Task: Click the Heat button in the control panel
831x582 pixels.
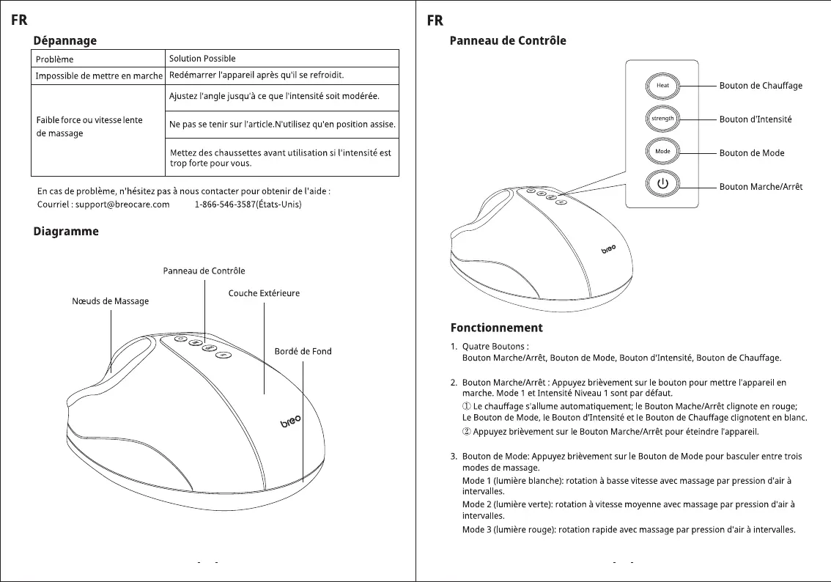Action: pos(662,85)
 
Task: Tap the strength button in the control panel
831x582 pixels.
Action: pos(662,118)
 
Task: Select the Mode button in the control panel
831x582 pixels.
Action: pos(662,152)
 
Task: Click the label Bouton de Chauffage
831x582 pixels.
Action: pos(761,86)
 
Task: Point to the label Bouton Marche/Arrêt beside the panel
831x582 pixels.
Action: pos(761,187)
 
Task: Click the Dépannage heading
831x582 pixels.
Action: pos(65,40)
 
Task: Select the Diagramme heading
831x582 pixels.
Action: pos(66,232)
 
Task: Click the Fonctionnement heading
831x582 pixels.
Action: pos(496,328)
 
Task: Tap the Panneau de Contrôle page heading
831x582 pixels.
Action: pos(507,40)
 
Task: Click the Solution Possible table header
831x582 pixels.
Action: pos(202,59)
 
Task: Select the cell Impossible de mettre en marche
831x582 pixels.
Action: pos(99,76)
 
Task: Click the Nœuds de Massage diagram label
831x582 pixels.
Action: pos(111,301)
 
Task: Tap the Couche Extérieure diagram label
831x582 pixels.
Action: pos(264,293)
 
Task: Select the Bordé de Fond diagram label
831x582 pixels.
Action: pos(303,351)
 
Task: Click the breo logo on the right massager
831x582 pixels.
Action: pos(608,249)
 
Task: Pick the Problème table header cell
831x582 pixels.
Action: pos(55,59)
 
